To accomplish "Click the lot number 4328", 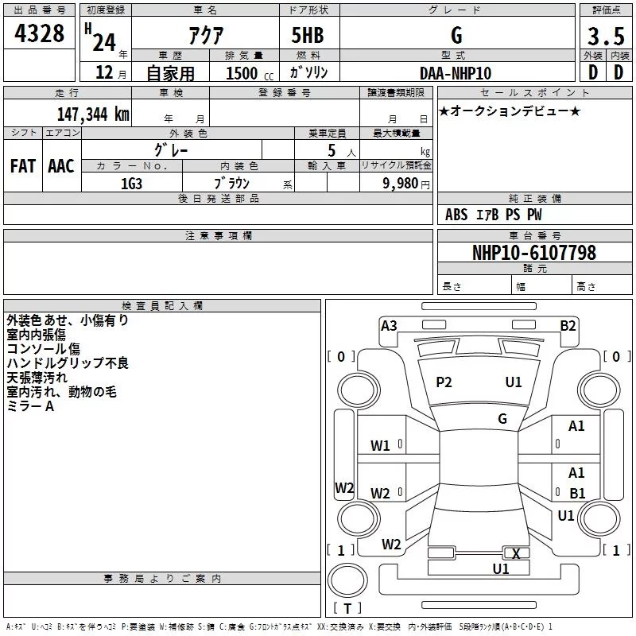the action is click(40, 34).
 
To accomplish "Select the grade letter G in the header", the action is click(456, 35).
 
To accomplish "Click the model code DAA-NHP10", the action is click(456, 73).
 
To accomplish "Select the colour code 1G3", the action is click(132, 182).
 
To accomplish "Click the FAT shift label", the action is click(23, 166).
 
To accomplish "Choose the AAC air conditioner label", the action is click(61, 166).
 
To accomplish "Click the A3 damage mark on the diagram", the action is click(389, 325).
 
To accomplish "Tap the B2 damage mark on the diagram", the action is click(568, 325).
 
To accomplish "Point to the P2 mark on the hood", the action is click(444, 382).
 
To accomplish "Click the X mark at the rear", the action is click(517, 553).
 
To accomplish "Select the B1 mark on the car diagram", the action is click(577, 494).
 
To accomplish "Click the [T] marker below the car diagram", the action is click(347, 609).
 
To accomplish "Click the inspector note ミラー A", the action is click(30, 406).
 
